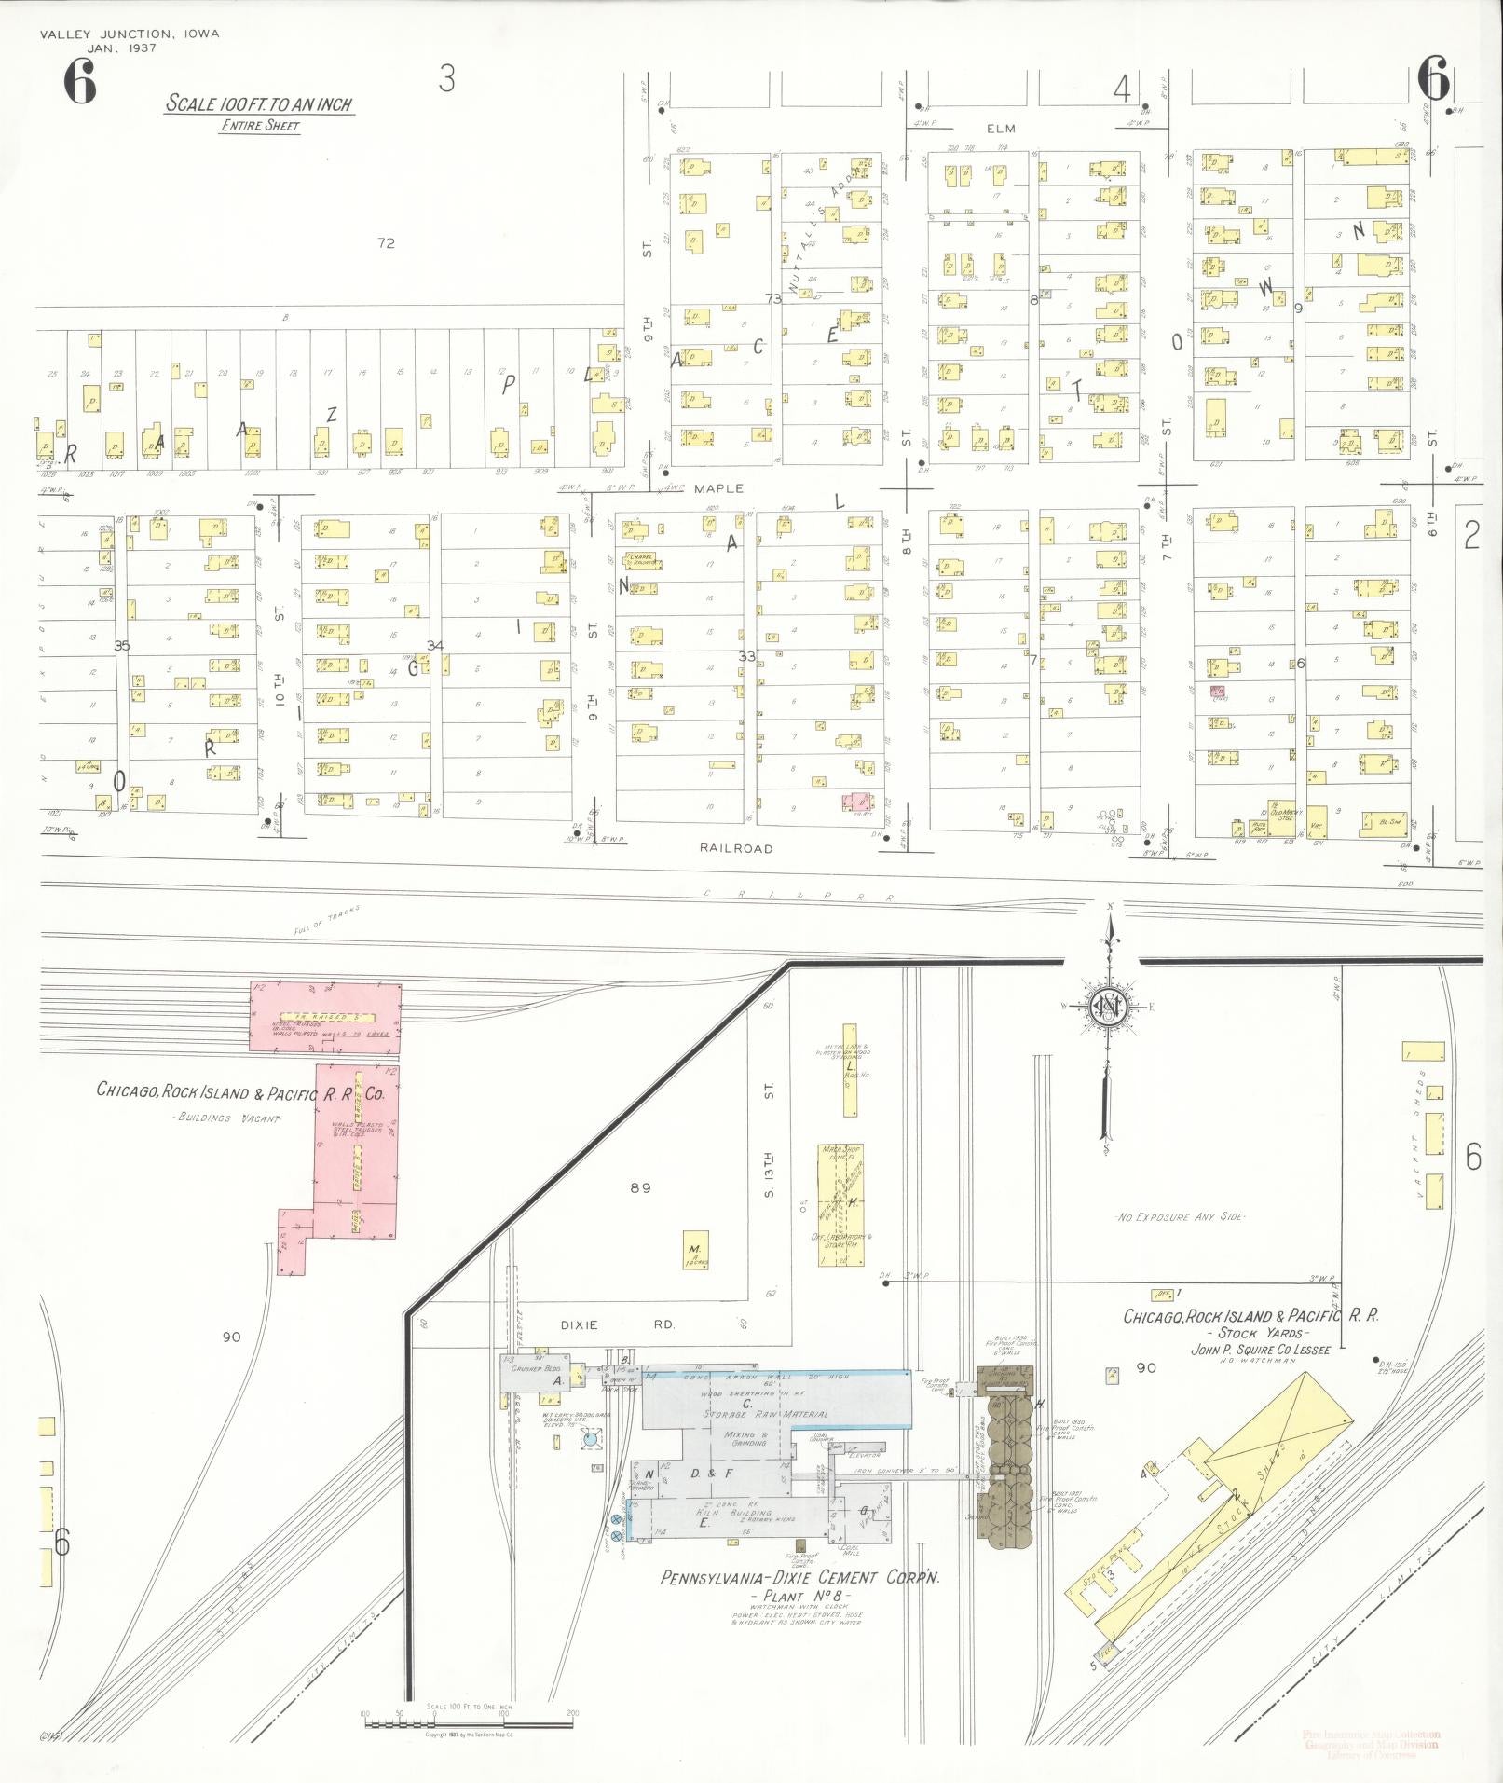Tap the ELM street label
[x=1001, y=129]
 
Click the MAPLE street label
[x=718, y=488]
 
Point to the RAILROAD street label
[x=736, y=848]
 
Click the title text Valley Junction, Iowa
[x=130, y=34]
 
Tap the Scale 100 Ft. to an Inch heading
[x=259, y=104]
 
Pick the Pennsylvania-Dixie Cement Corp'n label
[x=799, y=1578]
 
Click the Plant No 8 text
[x=797, y=1597]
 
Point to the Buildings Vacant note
[x=227, y=1118]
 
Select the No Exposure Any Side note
[x=1180, y=1217]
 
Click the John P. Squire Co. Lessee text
[x=1260, y=1349]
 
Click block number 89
[x=639, y=1188]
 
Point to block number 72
[x=386, y=243]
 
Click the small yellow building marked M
[x=694, y=1249]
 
